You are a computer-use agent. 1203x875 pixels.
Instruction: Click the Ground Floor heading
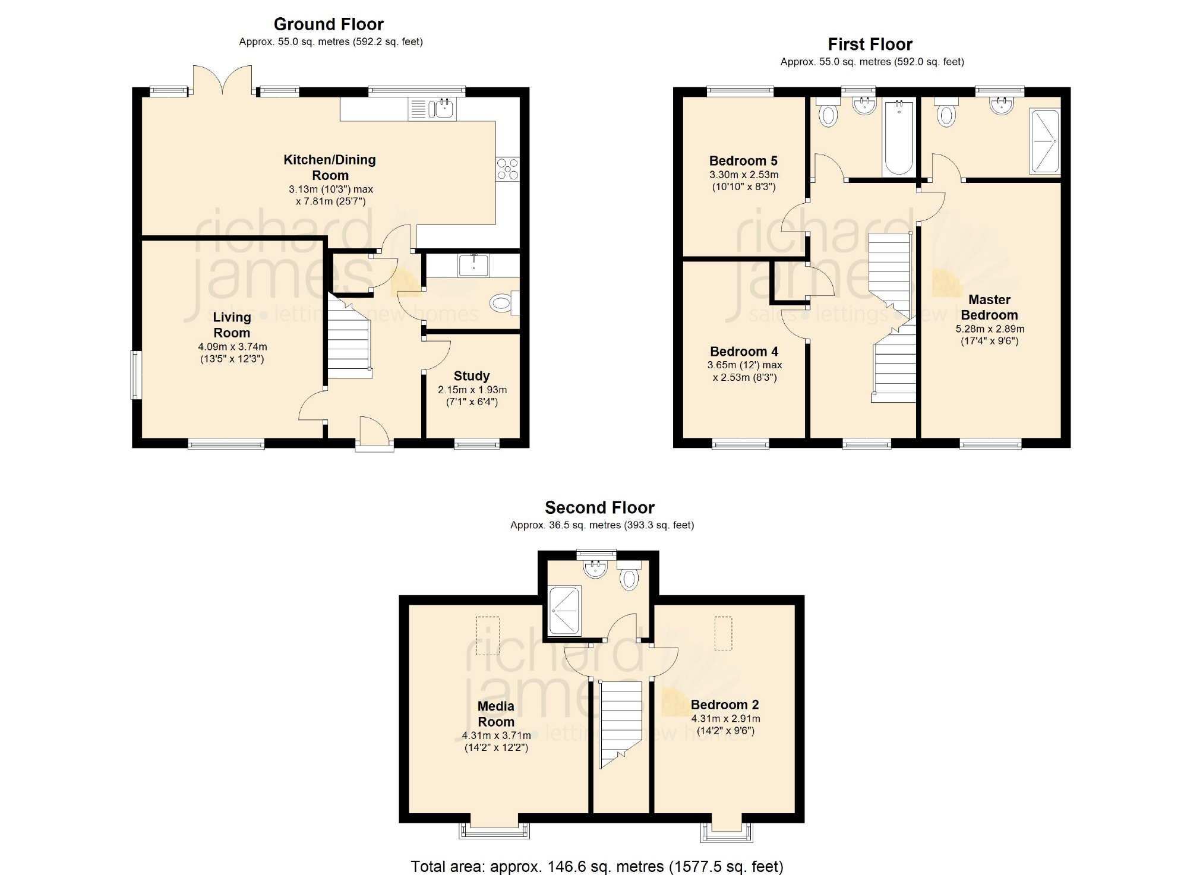(329, 24)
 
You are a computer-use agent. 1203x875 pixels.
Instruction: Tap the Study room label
(472, 376)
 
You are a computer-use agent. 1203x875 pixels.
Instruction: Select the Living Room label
(232, 325)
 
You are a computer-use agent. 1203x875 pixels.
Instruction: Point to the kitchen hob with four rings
(508, 168)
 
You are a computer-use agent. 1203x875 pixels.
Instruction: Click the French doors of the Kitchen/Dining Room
(222, 80)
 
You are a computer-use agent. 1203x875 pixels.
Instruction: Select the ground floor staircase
(349, 337)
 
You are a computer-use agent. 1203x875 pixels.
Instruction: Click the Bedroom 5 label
(743, 161)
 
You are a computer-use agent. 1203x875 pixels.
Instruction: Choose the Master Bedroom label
(989, 307)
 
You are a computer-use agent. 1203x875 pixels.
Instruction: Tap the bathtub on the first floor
(899, 137)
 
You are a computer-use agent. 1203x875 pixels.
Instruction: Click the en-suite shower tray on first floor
(1044, 141)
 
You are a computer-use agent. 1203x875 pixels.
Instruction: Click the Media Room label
(496, 714)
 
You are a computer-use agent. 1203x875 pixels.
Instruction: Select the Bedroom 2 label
(725, 705)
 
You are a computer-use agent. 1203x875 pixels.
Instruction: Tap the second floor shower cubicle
(564, 611)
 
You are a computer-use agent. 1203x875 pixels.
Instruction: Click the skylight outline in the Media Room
(487, 636)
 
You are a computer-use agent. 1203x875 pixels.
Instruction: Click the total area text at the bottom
(597, 866)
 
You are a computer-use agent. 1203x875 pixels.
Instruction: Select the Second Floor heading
(599, 508)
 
